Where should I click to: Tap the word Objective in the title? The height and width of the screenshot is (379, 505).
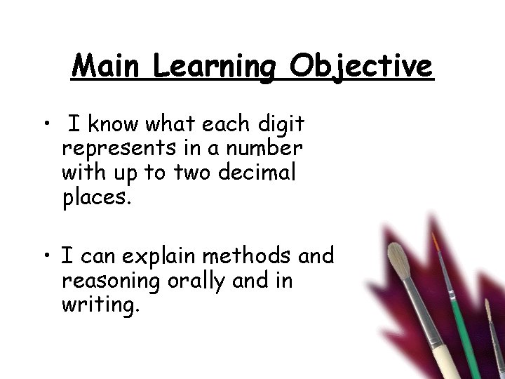362,68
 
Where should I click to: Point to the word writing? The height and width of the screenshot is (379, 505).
101,305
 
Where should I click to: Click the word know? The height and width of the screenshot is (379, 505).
115,125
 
